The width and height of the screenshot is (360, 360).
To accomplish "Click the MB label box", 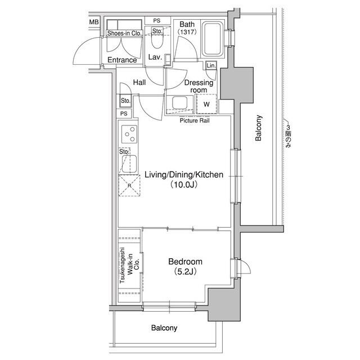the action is point(94,22).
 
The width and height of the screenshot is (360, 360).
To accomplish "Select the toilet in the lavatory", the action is point(157,38).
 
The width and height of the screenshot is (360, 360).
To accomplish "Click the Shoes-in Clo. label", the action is point(124,33).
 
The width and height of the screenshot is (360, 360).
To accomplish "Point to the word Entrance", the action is point(122,60).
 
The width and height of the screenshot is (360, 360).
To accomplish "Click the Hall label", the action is point(139,82).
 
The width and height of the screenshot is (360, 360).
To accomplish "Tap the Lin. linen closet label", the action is point(211,66).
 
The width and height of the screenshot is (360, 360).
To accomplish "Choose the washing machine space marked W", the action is point(206,104).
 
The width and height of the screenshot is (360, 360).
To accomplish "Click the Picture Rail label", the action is point(195,120).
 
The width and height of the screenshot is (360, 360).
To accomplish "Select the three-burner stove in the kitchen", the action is point(129,134).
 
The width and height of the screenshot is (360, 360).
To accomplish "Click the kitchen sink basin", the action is point(129,164).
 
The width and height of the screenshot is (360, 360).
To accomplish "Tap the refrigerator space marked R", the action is point(129,186).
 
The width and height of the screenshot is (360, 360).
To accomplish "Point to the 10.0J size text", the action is point(184,184).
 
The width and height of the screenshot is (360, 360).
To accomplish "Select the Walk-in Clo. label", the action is point(133,264).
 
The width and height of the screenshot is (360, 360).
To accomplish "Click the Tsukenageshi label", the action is point(121,265).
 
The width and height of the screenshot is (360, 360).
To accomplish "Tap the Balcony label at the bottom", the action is point(164,328).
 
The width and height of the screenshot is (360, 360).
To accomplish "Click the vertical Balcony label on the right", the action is point(258,128).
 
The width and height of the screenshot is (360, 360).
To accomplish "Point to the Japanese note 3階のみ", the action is point(288,136).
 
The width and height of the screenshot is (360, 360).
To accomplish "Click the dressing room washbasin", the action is point(180,103).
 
